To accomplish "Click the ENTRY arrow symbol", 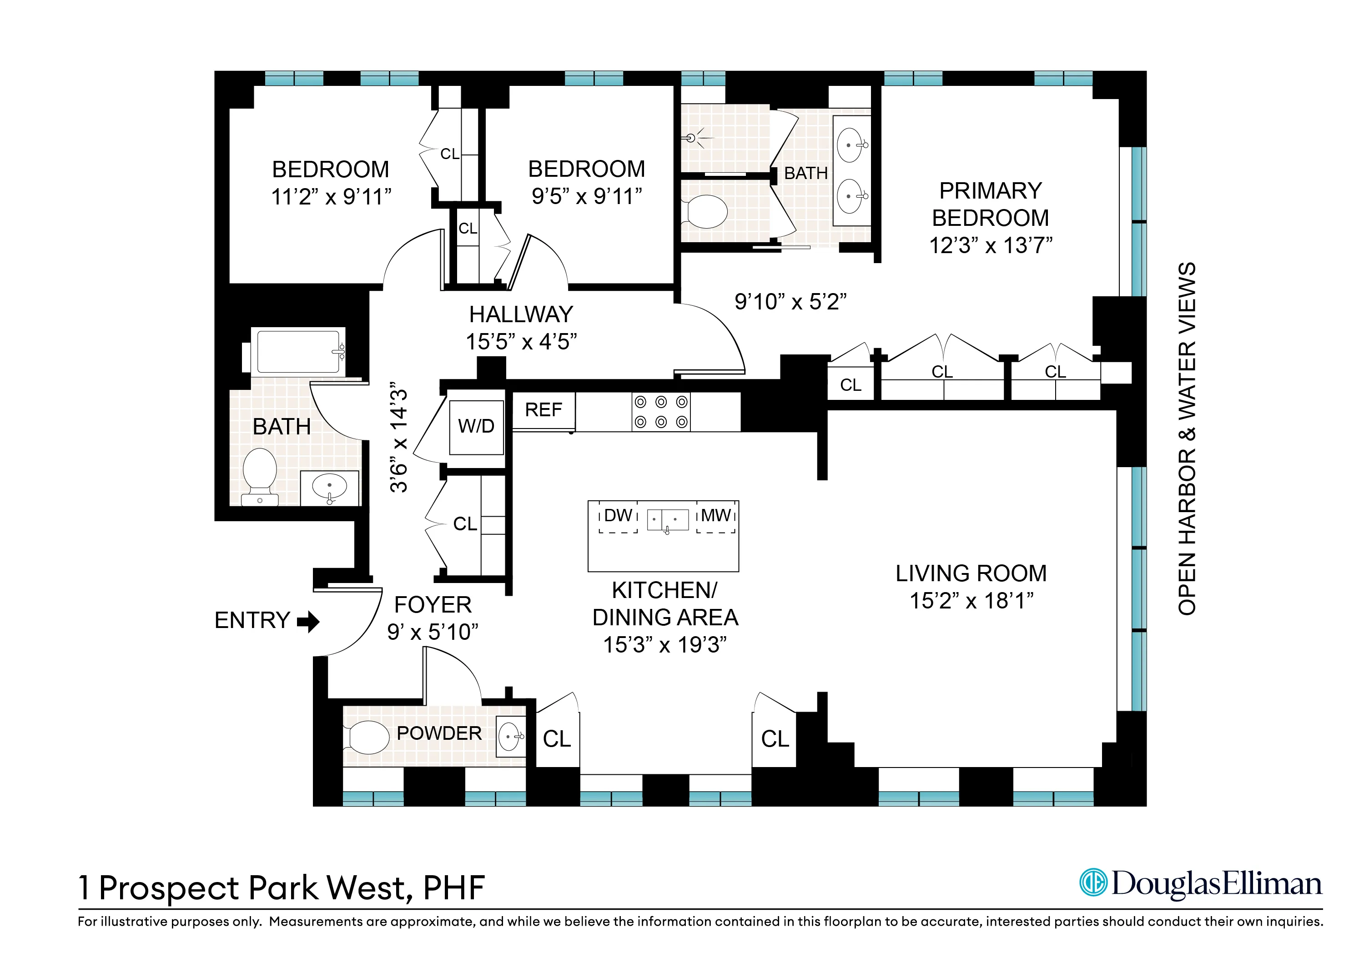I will click(x=308, y=622).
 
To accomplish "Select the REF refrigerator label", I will click(x=543, y=410).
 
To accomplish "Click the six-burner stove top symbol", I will click(x=661, y=412).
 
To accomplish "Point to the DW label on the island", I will click(x=618, y=515).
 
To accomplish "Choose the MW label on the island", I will click(x=715, y=515).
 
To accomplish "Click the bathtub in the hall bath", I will click(x=298, y=352).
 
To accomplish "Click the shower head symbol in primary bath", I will click(x=692, y=138).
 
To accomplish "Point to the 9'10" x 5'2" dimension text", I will click(x=790, y=302).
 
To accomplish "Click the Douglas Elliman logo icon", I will click(x=1093, y=882).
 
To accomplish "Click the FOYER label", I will click(x=433, y=605).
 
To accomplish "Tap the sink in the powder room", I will click(x=510, y=737).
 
